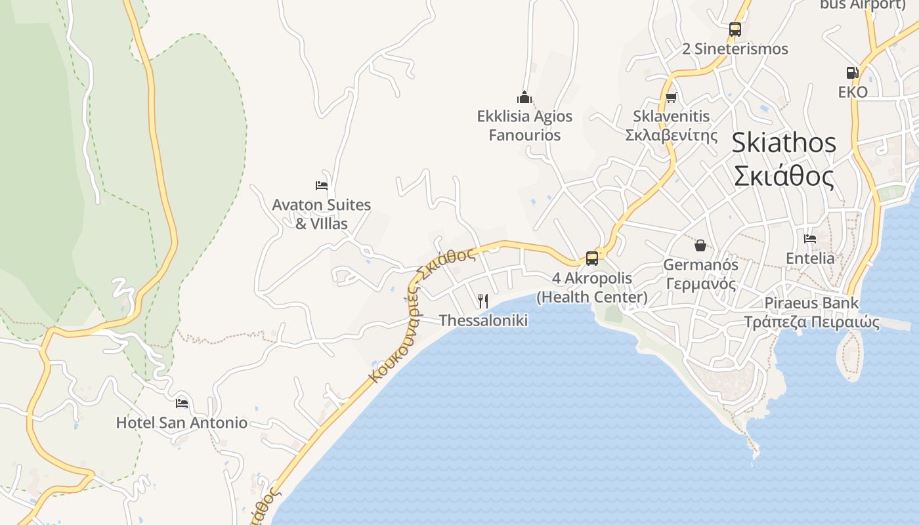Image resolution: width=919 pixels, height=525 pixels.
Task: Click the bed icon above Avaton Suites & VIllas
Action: (x=322, y=186)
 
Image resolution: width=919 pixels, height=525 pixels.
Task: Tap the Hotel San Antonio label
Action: (x=182, y=423)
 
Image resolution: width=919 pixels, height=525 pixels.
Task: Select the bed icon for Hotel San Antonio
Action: (x=182, y=403)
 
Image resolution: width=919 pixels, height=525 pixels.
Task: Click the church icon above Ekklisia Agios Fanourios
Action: (x=524, y=98)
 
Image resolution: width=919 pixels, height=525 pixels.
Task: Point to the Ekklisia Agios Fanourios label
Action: (x=524, y=126)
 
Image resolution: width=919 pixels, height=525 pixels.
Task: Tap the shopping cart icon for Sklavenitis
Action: (x=671, y=98)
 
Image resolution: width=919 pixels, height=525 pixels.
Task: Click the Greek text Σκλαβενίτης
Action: (x=671, y=135)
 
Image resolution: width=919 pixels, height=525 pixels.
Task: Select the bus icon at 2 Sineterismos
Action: (x=735, y=30)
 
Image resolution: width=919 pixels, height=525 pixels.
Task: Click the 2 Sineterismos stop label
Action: (x=735, y=49)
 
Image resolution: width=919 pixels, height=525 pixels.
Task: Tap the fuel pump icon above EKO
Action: (x=852, y=73)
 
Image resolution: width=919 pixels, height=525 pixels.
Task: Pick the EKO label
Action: (x=853, y=92)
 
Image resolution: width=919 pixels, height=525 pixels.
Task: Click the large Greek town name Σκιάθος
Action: (x=784, y=177)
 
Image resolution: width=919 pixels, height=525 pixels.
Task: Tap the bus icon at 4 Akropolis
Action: (x=592, y=259)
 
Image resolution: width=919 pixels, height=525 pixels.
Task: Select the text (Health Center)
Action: (x=592, y=297)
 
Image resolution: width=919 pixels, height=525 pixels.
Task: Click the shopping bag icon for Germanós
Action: (x=700, y=245)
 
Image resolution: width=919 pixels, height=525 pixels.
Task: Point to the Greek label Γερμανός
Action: (x=700, y=284)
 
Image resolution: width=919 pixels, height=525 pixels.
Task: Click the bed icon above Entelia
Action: (x=810, y=239)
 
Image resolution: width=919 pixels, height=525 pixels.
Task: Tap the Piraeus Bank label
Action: (x=811, y=303)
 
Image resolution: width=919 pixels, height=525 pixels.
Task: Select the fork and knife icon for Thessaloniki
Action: (x=483, y=301)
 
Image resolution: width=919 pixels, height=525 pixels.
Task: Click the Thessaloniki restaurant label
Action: (x=483, y=320)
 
